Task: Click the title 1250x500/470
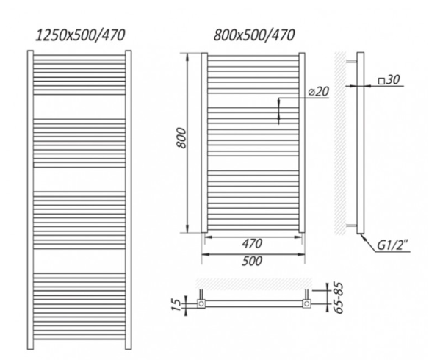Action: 80,35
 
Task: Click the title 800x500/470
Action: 254,35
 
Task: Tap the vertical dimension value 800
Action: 181,137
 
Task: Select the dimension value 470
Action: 252,243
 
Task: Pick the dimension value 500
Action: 252,261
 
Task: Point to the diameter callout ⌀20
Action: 319,91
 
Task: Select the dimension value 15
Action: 177,306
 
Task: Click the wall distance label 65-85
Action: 339,298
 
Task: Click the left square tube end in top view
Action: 201,303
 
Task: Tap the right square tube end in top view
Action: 307,303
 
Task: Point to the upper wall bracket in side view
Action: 351,62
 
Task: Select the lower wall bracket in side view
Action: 351,226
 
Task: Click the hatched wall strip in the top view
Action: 254,283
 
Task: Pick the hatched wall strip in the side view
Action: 340,143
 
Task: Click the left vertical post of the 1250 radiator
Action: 30,200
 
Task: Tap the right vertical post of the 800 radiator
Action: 302,143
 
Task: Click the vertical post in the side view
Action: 361,143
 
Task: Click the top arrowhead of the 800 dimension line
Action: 187,57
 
